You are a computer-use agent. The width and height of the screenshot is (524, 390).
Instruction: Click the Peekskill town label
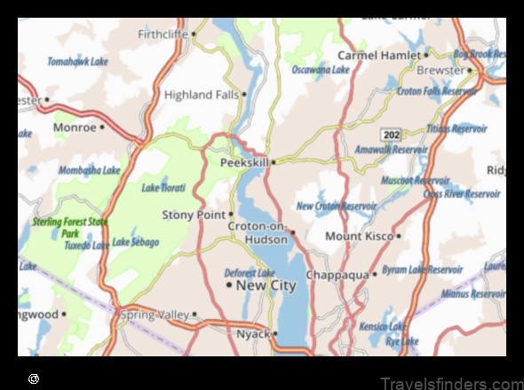[244, 162]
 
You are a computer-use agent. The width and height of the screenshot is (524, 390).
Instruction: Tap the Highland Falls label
[201, 94]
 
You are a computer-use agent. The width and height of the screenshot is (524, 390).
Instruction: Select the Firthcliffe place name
[163, 35]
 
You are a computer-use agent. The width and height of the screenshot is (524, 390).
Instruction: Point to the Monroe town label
[75, 127]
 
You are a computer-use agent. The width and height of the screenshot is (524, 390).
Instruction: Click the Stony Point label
[194, 214]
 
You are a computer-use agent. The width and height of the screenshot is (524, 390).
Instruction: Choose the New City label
[265, 285]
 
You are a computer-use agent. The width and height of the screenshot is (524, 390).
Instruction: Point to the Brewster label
[442, 70]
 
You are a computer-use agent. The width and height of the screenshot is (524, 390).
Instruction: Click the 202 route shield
[391, 134]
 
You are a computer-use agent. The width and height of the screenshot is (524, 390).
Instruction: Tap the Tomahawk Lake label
[78, 62]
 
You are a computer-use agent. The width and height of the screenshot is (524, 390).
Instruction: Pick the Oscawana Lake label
[320, 69]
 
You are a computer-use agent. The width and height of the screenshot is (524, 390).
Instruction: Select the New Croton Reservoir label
[337, 206]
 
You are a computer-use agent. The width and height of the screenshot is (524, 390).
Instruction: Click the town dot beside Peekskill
[274, 162]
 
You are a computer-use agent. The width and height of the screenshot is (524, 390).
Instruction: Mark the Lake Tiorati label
[163, 188]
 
